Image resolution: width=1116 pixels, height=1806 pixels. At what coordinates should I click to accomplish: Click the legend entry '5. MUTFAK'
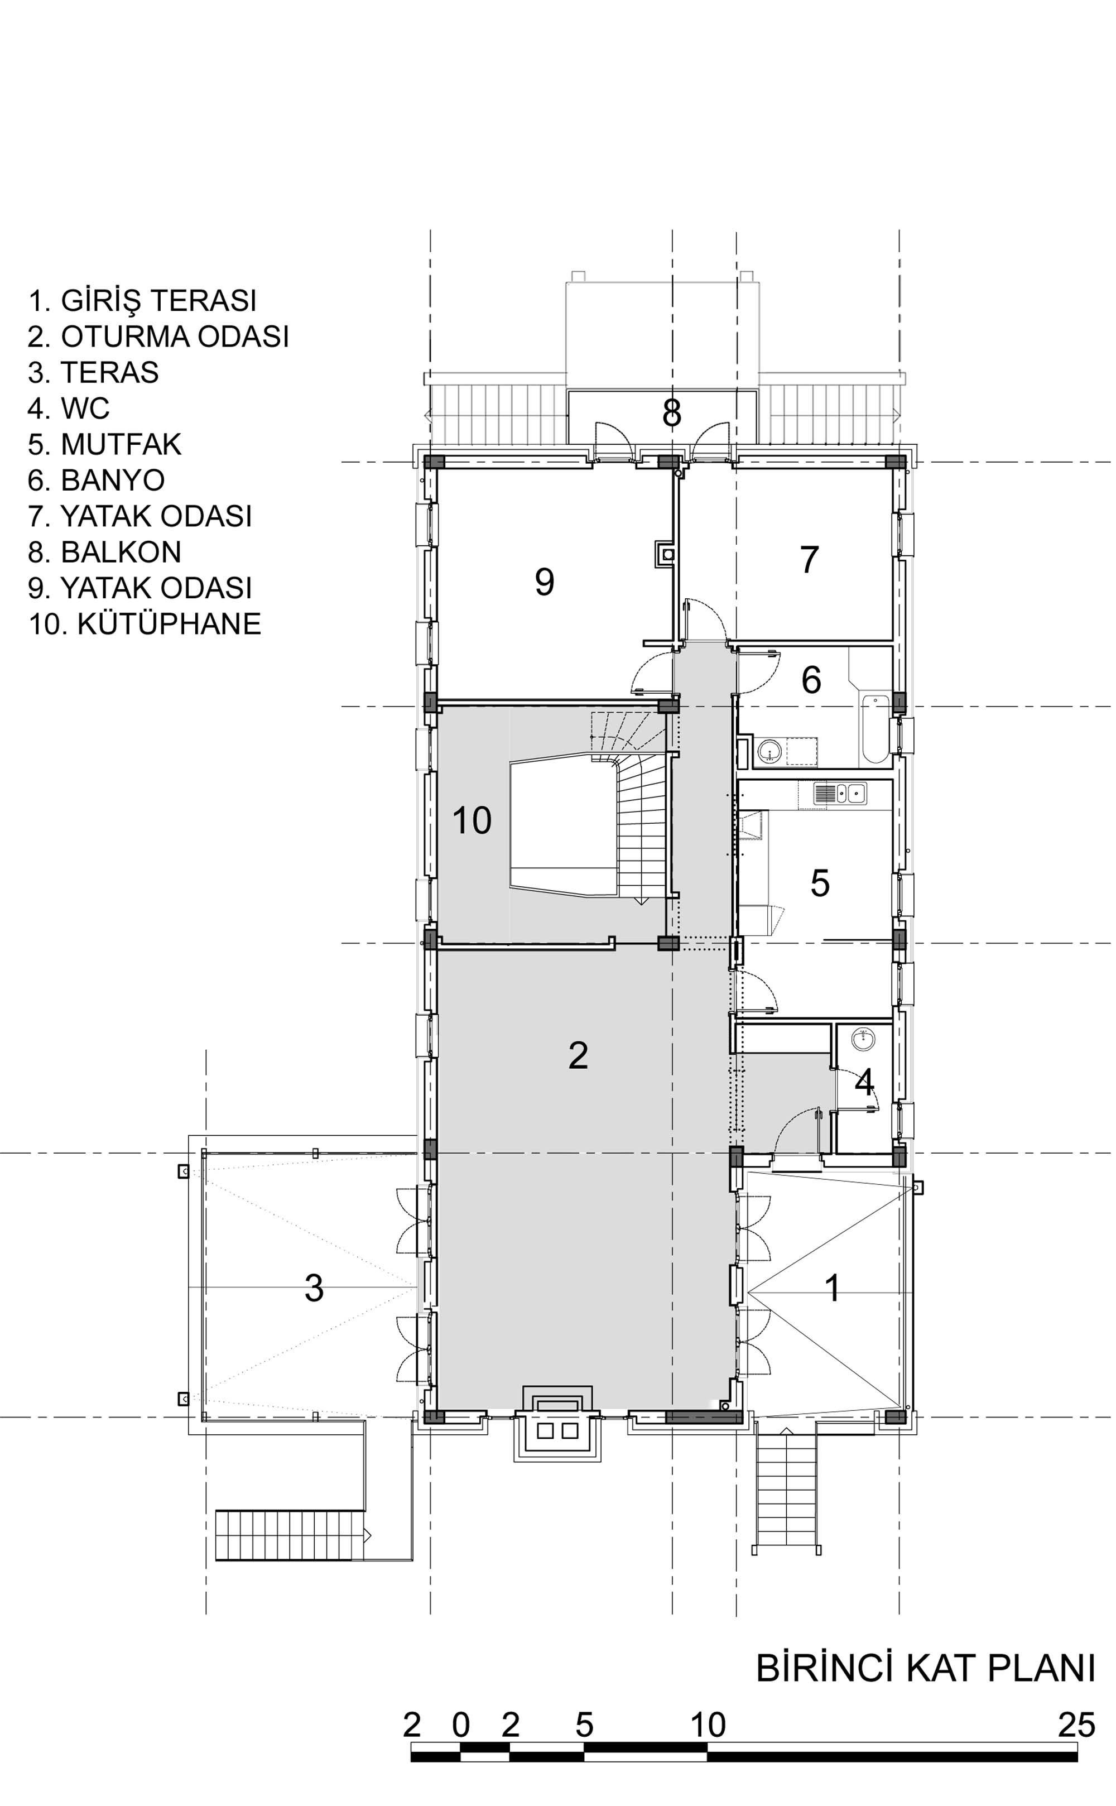click(x=104, y=444)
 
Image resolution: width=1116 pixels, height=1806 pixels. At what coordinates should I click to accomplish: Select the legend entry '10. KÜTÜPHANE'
click(x=145, y=623)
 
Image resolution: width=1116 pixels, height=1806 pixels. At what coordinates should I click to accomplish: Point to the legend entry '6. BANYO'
click(x=96, y=481)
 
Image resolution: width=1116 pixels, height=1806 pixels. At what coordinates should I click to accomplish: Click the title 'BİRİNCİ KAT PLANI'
click(x=926, y=1669)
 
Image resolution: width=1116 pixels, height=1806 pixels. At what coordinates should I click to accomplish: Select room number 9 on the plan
click(x=545, y=582)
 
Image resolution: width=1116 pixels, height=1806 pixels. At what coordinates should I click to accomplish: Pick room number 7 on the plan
click(x=810, y=559)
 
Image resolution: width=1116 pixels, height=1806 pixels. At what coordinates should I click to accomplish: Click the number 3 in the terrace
click(x=314, y=1288)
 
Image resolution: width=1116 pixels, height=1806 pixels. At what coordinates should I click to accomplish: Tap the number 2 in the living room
click(x=578, y=1055)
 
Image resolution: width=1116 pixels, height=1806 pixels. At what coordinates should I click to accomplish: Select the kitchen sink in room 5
click(x=840, y=794)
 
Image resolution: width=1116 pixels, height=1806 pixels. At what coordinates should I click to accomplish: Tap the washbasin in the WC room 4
click(x=863, y=1039)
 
